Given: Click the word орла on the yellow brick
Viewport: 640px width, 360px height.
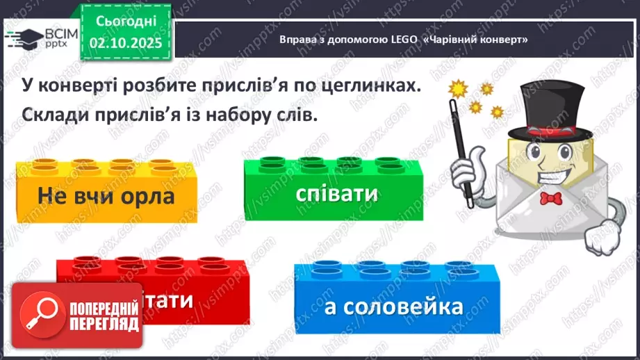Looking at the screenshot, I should coord(145,197).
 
